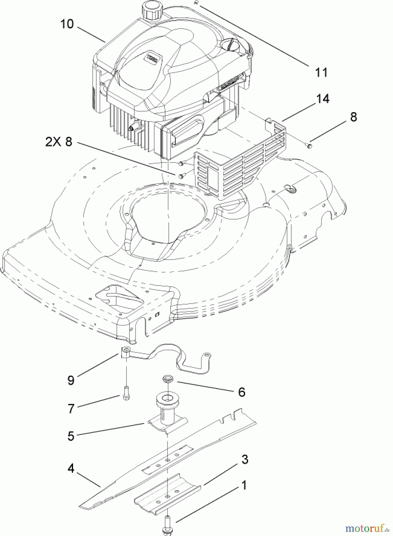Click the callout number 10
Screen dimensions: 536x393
point(67,24)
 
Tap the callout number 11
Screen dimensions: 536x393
point(321,72)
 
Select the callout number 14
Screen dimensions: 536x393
point(323,99)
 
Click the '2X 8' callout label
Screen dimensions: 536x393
point(59,142)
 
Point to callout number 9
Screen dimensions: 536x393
point(71,380)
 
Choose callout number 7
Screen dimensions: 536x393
point(71,409)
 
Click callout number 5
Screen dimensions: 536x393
point(71,436)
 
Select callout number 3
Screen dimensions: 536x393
point(245,459)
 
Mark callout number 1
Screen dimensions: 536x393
point(244,485)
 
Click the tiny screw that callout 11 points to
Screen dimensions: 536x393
point(196,3)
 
